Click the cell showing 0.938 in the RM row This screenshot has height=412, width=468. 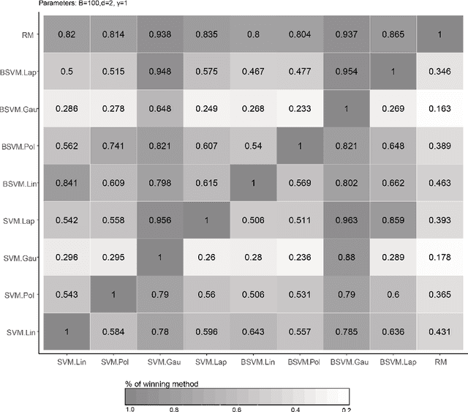tap(157, 34)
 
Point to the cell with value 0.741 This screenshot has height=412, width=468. tap(110, 146)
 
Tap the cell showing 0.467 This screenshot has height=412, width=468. tap(251, 72)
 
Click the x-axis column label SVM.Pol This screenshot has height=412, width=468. tap(110, 362)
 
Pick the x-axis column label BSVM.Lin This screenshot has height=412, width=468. tap(251, 362)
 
